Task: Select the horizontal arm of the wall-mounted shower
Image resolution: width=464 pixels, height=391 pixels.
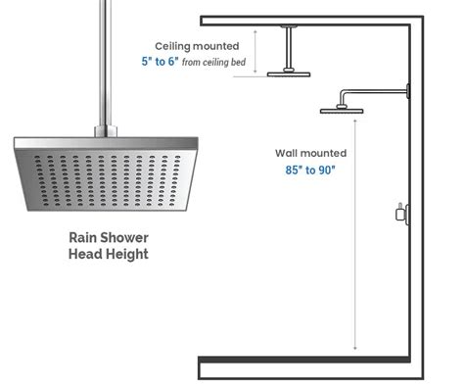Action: point(377,93)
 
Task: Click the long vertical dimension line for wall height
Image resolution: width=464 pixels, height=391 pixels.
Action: point(354,235)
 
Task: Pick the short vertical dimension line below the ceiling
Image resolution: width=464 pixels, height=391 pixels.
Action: point(255,50)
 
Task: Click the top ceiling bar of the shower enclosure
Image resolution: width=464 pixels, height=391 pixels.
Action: point(313,20)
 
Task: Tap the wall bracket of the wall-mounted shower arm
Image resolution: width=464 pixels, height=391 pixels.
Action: point(408,93)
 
